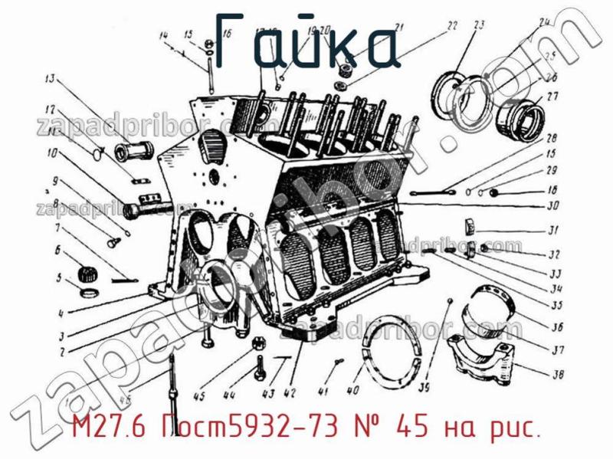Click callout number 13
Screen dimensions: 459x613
[x=51, y=77]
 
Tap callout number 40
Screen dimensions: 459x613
[x=353, y=390]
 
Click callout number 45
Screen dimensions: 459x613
[x=199, y=396]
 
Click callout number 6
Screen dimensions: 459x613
[x=57, y=249]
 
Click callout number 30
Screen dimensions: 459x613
[x=552, y=205]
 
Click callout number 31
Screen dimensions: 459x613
[x=552, y=230]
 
